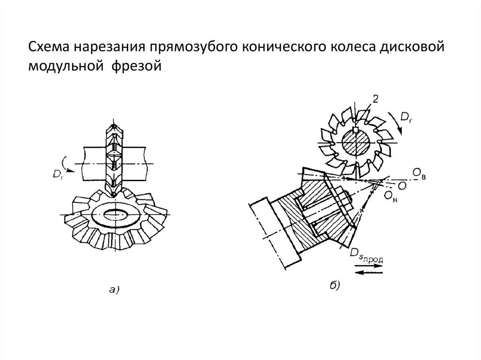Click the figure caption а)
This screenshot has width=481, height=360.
[x=114, y=290]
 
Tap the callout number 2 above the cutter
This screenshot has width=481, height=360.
[x=375, y=99]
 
